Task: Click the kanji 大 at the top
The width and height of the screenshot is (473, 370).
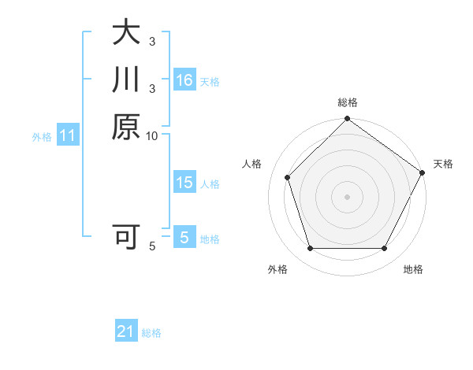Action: click(x=126, y=32)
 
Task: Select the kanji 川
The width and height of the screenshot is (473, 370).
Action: click(x=126, y=80)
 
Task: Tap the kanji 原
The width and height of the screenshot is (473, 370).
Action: click(x=126, y=127)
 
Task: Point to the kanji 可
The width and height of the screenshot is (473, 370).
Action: click(x=126, y=235)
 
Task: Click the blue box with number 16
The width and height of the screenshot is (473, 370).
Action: click(x=184, y=80)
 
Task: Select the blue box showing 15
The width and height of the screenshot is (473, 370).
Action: click(x=184, y=183)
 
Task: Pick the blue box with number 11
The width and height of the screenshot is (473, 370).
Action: click(x=68, y=135)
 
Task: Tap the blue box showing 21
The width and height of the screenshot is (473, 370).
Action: click(x=126, y=331)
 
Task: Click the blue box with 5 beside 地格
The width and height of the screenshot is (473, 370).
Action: click(x=184, y=237)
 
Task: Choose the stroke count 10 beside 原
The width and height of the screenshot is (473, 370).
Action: click(x=152, y=136)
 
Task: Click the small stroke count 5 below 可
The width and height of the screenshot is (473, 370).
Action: click(x=152, y=246)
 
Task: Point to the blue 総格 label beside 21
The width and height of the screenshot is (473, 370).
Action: click(x=151, y=333)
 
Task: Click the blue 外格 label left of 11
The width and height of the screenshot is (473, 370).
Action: click(x=42, y=137)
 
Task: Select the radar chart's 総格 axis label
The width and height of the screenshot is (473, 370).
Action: click(x=348, y=102)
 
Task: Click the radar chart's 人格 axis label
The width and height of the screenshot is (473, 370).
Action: click(x=252, y=164)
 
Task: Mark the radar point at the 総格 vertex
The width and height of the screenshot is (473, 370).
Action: click(x=347, y=120)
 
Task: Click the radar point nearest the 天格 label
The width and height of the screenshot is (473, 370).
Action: click(x=422, y=172)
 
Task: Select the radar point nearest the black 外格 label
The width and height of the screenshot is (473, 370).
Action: click(x=310, y=248)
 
